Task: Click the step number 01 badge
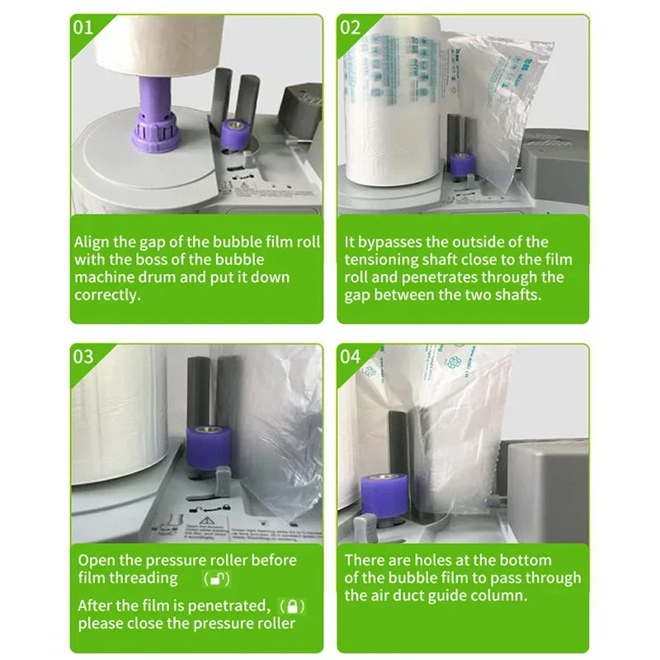click(84, 26)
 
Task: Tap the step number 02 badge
click(351, 26)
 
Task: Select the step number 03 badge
click(84, 356)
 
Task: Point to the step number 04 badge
click(351, 356)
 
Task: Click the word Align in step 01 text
click(92, 243)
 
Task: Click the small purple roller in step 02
click(462, 163)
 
